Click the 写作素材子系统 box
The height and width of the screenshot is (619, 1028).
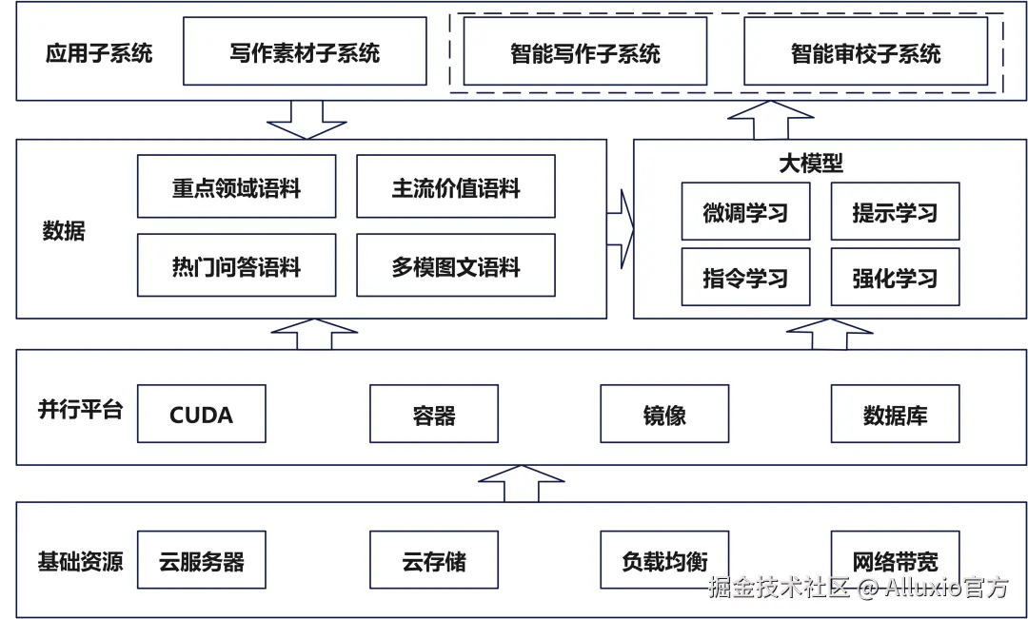click(x=305, y=51)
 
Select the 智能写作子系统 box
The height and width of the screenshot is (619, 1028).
click(x=584, y=51)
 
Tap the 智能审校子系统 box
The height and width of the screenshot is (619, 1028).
click(x=865, y=51)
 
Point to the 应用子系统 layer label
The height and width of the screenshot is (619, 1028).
click(x=99, y=51)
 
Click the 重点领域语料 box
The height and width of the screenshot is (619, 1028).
click(x=236, y=187)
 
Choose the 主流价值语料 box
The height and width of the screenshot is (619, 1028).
click(x=455, y=187)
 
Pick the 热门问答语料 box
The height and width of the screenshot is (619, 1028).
click(x=236, y=266)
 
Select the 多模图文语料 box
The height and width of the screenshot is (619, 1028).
click(x=455, y=266)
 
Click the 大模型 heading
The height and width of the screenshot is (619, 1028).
click(x=810, y=164)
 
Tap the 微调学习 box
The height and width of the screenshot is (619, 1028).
click(x=745, y=212)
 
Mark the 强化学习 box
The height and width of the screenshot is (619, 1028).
click(x=895, y=278)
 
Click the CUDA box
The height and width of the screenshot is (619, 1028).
click(x=201, y=415)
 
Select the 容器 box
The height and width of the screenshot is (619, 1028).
click(x=433, y=415)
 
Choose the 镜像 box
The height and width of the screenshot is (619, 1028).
click(x=664, y=415)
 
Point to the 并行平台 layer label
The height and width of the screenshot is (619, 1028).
click(x=80, y=410)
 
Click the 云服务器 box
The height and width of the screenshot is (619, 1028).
click(x=201, y=561)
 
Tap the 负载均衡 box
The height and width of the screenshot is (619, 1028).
click(x=664, y=561)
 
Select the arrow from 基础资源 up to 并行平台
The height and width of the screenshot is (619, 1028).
click(x=521, y=483)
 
